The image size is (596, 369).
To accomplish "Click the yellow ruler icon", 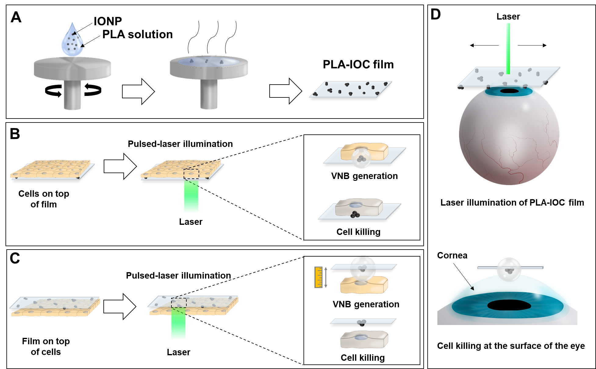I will point(318,277).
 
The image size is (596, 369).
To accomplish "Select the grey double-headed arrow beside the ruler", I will point(326,277).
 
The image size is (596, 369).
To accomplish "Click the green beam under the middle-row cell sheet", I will point(191,197).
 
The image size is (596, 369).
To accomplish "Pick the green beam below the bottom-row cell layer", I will point(178,325).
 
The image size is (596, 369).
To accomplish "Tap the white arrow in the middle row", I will point(120,166).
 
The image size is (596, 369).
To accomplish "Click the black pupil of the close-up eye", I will point(509,305).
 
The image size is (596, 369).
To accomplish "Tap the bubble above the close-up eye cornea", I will point(508,270).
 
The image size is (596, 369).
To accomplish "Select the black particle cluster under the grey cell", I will point(355,215).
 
